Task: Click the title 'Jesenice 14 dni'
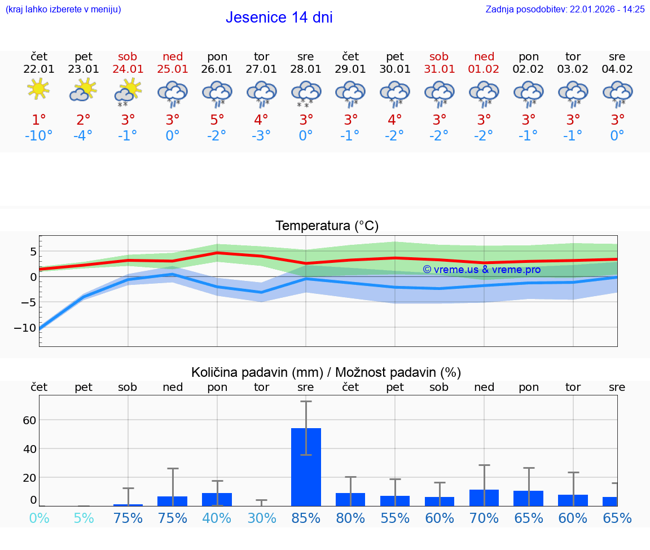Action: pyautogui.click(x=279, y=17)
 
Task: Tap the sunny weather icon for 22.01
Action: pyautogui.click(x=38, y=89)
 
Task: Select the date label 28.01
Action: pyautogui.click(x=306, y=69)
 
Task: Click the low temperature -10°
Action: pyautogui.click(x=38, y=136)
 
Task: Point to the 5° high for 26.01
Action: pyautogui.click(x=217, y=120)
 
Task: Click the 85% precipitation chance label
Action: pyautogui.click(x=306, y=518)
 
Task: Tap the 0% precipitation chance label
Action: pyautogui.click(x=38, y=518)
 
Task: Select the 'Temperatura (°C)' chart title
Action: pyautogui.click(x=327, y=226)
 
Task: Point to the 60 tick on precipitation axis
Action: pyautogui.click(x=29, y=420)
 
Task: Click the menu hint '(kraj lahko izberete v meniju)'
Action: pyautogui.click(x=63, y=10)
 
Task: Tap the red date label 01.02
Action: pyautogui.click(x=484, y=69)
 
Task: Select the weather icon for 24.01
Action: pyautogui.click(x=128, y=91)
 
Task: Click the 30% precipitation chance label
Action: pyautogui.click(x=261, y=518)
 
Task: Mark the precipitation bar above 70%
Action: pyautogui.click(x=484, y=498)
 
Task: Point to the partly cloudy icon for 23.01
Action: pyautogui.click(x=83, y=90)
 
